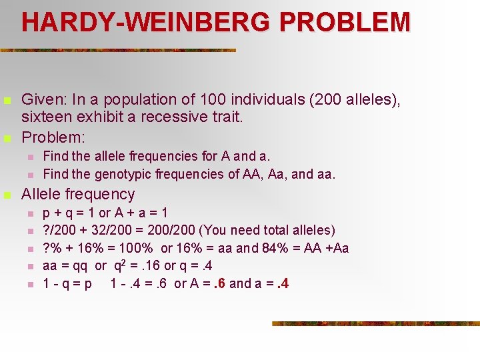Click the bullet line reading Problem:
click(53, 137)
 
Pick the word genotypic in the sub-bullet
click(123, 174)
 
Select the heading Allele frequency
click(78, 194)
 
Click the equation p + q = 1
click(69, 213)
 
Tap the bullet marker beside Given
click(7, 101)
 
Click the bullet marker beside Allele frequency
click(7, 195)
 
